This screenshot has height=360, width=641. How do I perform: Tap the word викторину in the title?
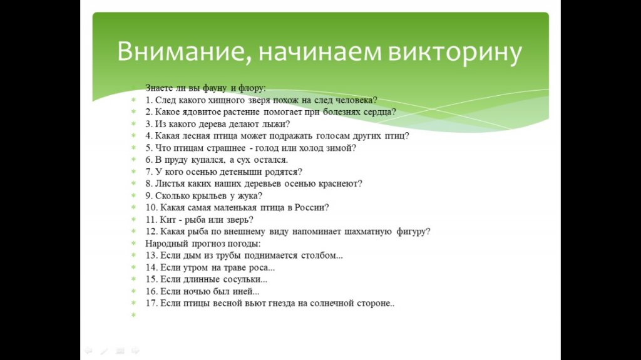coord(455,53)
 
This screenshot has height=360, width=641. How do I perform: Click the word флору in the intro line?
coord(252,88)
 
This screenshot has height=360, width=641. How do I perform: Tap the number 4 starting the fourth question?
coord(149,136)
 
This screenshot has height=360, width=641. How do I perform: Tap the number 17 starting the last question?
coord(151,304)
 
